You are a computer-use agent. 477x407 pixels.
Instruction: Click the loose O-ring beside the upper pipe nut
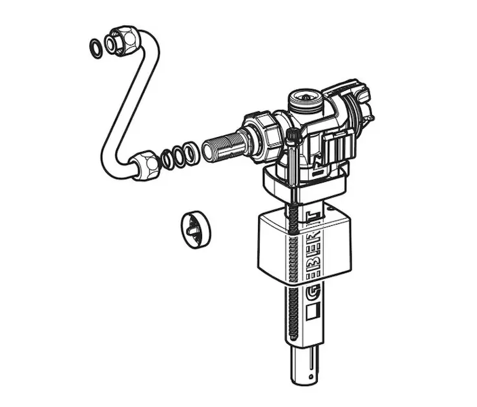pyautogui.click(x=96, y=49)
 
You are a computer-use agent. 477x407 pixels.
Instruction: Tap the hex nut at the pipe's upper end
pyautogui.click(x=123, y=41)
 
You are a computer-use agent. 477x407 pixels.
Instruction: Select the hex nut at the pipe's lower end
pyautogui.click(x=146, y=165)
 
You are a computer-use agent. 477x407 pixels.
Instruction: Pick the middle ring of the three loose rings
pyautogui.click(x=180, y=155)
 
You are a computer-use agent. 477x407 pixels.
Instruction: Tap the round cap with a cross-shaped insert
pyautogui.click(x=196, y=229)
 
